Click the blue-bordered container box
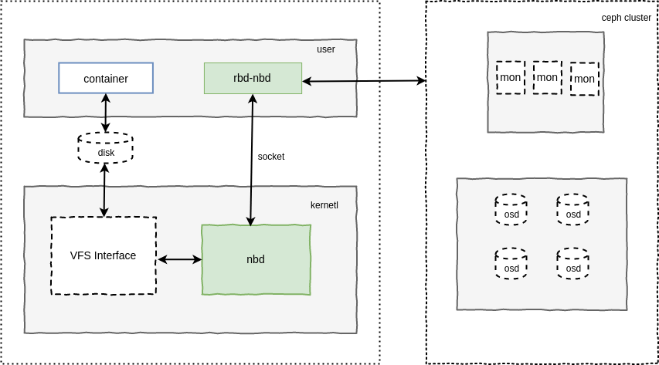pos(106,78)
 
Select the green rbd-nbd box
pos(253,78)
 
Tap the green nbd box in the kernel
pos(256,259)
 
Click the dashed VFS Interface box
pos(104,255)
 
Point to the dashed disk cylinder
pos(106,148)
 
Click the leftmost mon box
pos(510,77)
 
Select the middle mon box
pos(547,77)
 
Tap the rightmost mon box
pos(584,79)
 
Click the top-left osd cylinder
pos(511,210)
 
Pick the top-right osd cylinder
pos(572,210)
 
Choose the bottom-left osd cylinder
pos(511,264)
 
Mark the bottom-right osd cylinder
pos(572,264)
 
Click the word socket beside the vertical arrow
pos(271,157)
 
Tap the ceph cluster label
pos(626,18)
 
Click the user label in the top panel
pos(325,49)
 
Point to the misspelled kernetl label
pos(324,205)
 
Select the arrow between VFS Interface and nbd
pos(179,260)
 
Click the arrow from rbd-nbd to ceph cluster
pos(363,81)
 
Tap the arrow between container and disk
pos(106,113)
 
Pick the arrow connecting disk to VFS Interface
pos(104,190)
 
